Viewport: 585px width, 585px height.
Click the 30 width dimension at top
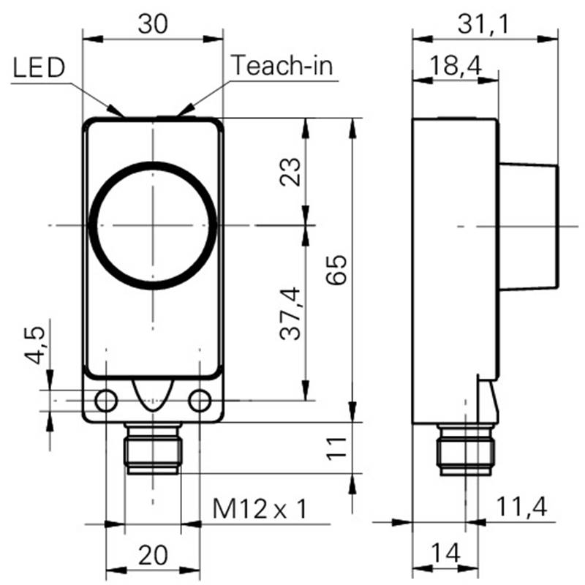coord(153,24)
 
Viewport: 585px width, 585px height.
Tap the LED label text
coord(39,67)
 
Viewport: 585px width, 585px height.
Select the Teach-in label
coord(282,65)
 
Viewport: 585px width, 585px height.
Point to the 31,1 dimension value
coord(483,25)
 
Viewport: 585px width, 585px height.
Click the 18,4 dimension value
coord(456,65)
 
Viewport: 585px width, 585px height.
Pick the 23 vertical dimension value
coord(290,172)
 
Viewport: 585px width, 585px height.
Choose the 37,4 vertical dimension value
coord(290,314)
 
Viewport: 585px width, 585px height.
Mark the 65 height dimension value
coord(336,270)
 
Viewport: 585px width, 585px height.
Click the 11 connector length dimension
coord(336,448)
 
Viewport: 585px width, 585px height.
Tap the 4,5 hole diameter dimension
coord(35,345)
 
